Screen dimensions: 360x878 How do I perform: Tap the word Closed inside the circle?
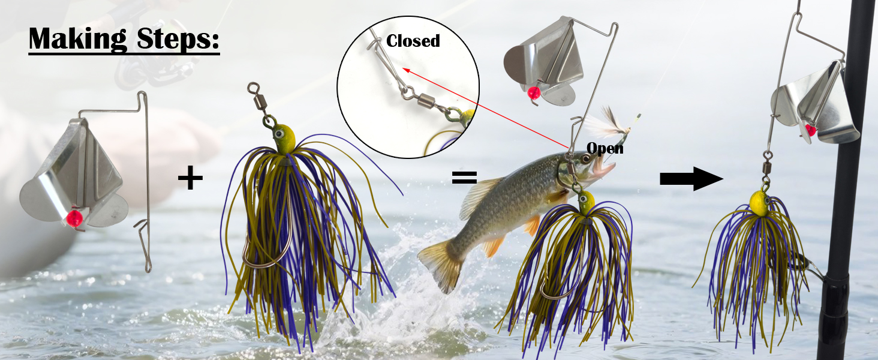[x=413, y=41]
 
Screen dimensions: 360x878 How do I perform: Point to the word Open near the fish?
[x=605, y=148]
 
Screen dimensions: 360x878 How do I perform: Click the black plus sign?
[x=190, y=178]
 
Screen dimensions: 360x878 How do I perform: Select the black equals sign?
[x=464, y=177]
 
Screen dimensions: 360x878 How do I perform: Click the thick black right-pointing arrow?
[x=691, y=178]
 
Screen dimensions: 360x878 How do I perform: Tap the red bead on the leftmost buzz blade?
[x=76, y=218]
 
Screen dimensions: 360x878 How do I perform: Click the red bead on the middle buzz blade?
[x=533, y=93]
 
